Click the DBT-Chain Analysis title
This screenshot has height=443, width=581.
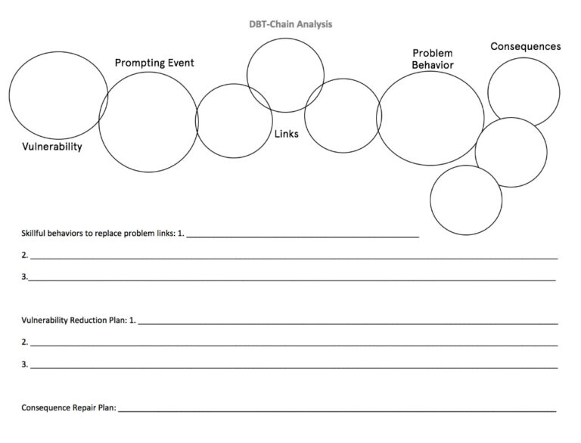click(290, 24)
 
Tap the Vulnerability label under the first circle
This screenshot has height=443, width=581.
click(52, 147)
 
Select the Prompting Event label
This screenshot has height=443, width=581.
click(154, 63)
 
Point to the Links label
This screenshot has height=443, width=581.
click(287, 134)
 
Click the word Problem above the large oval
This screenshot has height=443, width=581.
click(433, 53)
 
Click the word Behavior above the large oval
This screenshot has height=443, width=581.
click(433, 65)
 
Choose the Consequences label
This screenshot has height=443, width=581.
click(526, 46)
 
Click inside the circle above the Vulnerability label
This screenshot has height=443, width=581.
click(58, 95)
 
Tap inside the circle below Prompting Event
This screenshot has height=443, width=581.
click(148, 122)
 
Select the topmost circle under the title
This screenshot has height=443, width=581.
click(285, 75)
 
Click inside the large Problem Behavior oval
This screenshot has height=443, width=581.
click(430, 118)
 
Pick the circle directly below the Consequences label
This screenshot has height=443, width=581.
click(524, 92)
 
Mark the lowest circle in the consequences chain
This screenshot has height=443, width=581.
click(466, 200)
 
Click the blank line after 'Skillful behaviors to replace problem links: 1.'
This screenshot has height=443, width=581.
click(303, 237)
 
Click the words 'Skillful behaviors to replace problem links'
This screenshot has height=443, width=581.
click(98, 234)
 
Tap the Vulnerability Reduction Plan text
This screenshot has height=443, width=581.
click(74, 320)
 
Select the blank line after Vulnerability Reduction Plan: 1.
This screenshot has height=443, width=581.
click(348, 324)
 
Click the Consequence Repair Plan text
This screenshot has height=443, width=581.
click(69, 407)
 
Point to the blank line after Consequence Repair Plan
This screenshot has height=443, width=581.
click(337, 411)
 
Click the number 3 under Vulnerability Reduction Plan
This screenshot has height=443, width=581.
click(24, 364)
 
